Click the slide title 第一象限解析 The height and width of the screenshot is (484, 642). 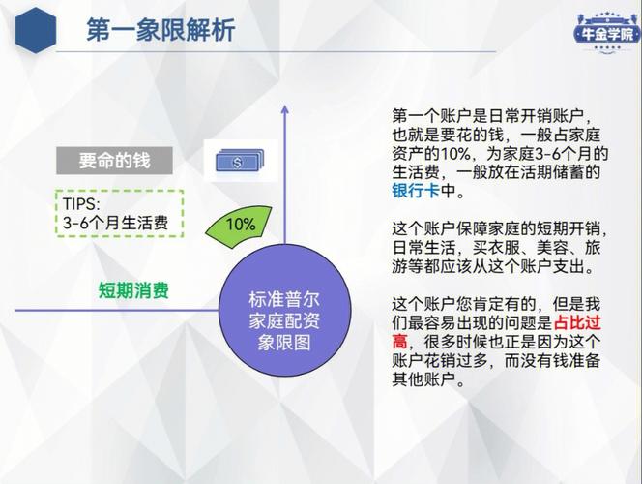pyautogui.click(x=160, y=29)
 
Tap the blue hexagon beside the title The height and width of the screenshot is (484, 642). pyautogui.click(x=36, y=30)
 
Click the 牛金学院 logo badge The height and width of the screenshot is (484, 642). pyautogui.click(x=608, y=33)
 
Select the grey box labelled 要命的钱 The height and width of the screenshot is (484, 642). pyautogui.click(x=114, y=161)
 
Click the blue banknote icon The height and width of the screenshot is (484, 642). pyautogui.click(x=240, y=161)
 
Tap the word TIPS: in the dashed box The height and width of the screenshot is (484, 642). pyautogui.click(x=81, y=204)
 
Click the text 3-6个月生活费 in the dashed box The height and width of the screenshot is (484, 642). pyautogui.click(x=115, y=223)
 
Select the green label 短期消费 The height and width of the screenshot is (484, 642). pyautogui.click(x=133, y=291)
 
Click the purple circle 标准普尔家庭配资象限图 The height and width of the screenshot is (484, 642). pyautogui.click(x=284, y=310)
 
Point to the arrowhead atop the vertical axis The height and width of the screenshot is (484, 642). pyautogui.click(x=285, y=109)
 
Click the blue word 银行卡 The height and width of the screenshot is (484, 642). pyautogui.click(x=416, y=191)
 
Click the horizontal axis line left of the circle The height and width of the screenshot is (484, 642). pyautogui.click(x=117, y=310)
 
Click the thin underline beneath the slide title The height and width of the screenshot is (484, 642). pyautogui.click(x=276, y=52)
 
